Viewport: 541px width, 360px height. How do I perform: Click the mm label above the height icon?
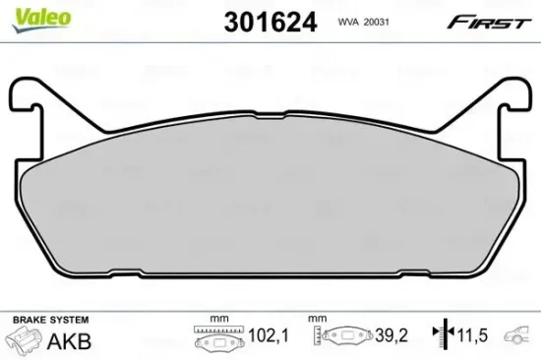(x=317, y=320)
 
